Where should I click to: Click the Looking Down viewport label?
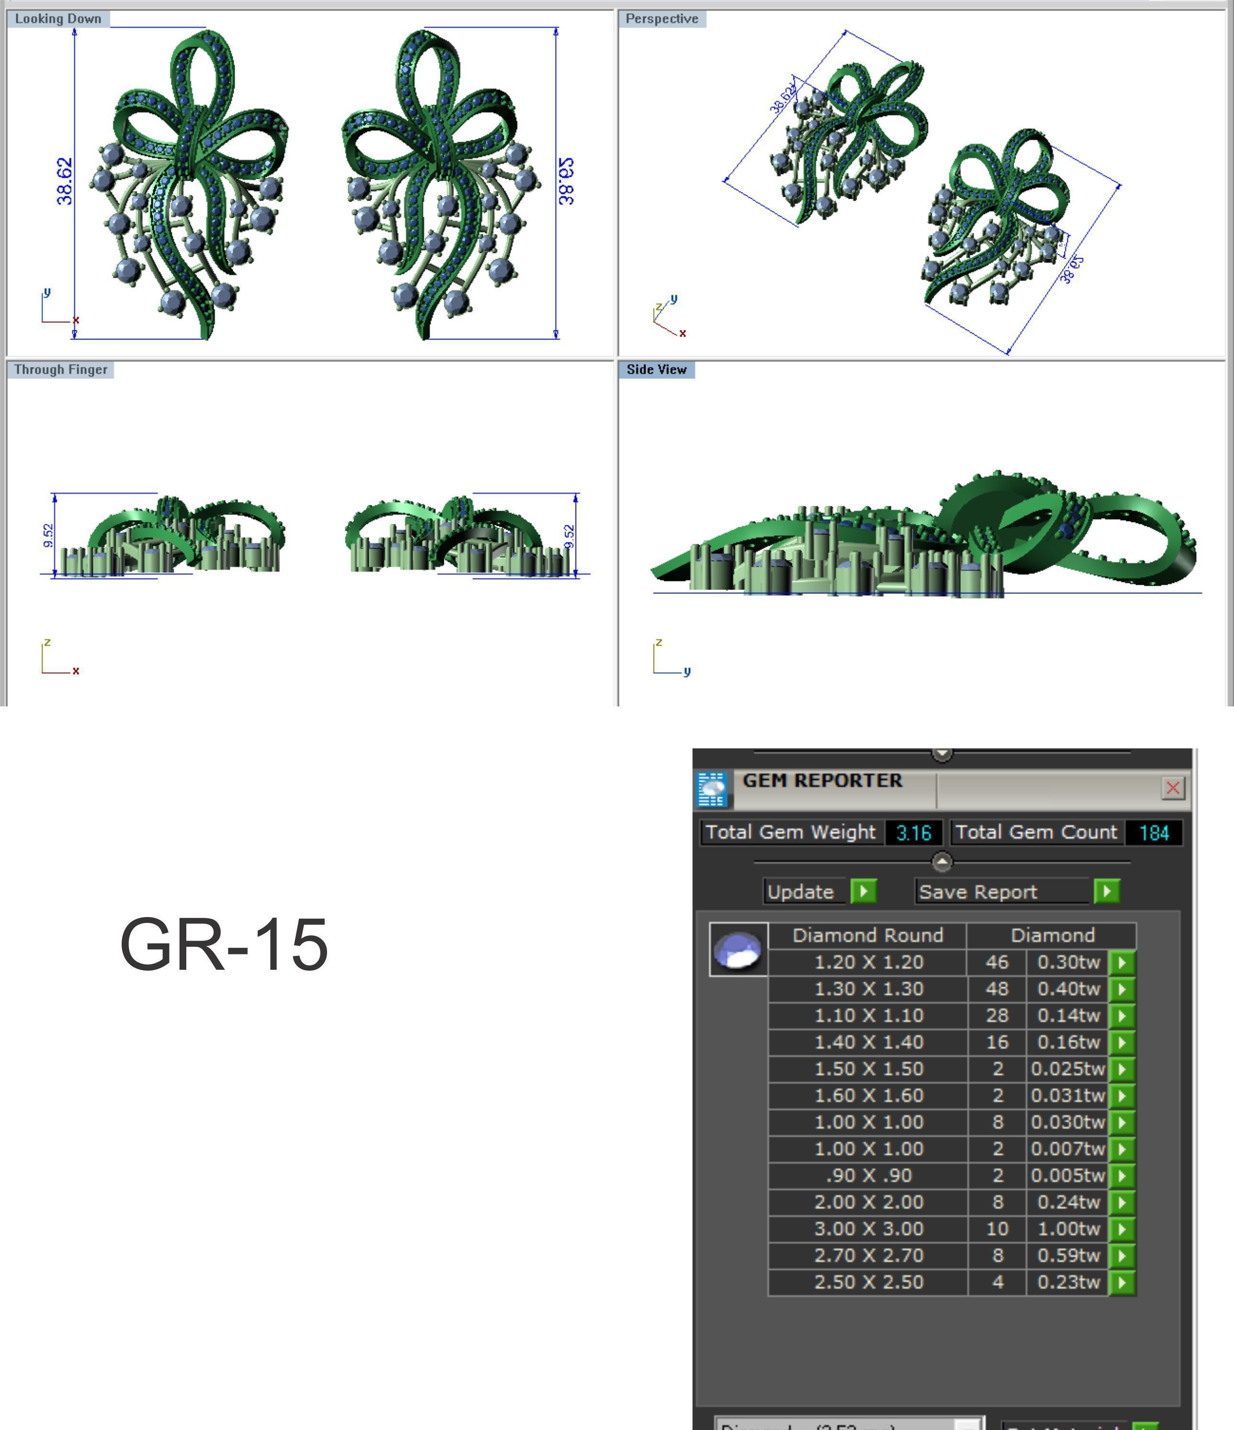58,19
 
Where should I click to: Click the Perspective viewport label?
661,19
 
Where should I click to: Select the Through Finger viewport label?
61,369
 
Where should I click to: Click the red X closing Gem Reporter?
1173,787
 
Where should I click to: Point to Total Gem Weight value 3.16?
913,832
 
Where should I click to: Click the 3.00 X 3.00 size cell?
868,1228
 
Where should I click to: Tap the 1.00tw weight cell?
1068,1228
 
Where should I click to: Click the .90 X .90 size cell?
868,1175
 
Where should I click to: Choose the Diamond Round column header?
868,935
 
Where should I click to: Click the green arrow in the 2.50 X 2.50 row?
1122,1282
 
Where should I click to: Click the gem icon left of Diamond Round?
738,949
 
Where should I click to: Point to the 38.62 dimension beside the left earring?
64,181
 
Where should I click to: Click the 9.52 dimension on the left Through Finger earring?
47,535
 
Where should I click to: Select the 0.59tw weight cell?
1068,1255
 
